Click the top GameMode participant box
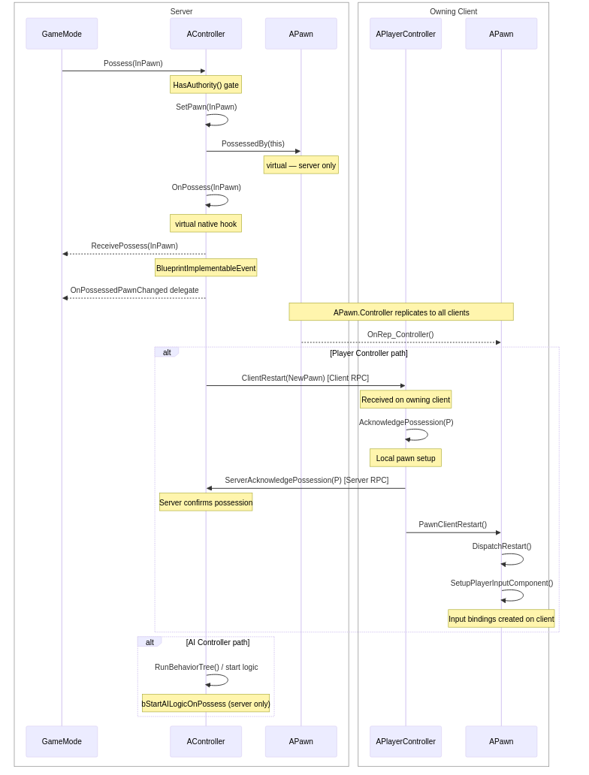coord(62,34)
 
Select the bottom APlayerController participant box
coord(406,741)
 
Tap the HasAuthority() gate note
coord(206,85)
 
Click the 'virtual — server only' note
coord(301,165)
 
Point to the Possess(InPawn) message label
coord(133,64)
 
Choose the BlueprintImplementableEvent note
coord(206,268)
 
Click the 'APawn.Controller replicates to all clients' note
coord(401,312)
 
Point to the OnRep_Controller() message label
coord(400,335)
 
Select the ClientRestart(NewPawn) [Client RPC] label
coord(305,378)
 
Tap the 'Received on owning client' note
coord(406,400)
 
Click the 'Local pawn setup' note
coord(406,458)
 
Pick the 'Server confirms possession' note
coord(206,502)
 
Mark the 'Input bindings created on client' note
coord(501,619)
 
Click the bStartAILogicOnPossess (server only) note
coord(206,704)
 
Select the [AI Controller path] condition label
coord(218,643)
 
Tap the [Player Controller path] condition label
coord(369,354)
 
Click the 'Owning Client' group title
coord(453,12)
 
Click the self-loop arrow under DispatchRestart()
coord(515,559)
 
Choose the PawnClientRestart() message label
coord(453,525)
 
